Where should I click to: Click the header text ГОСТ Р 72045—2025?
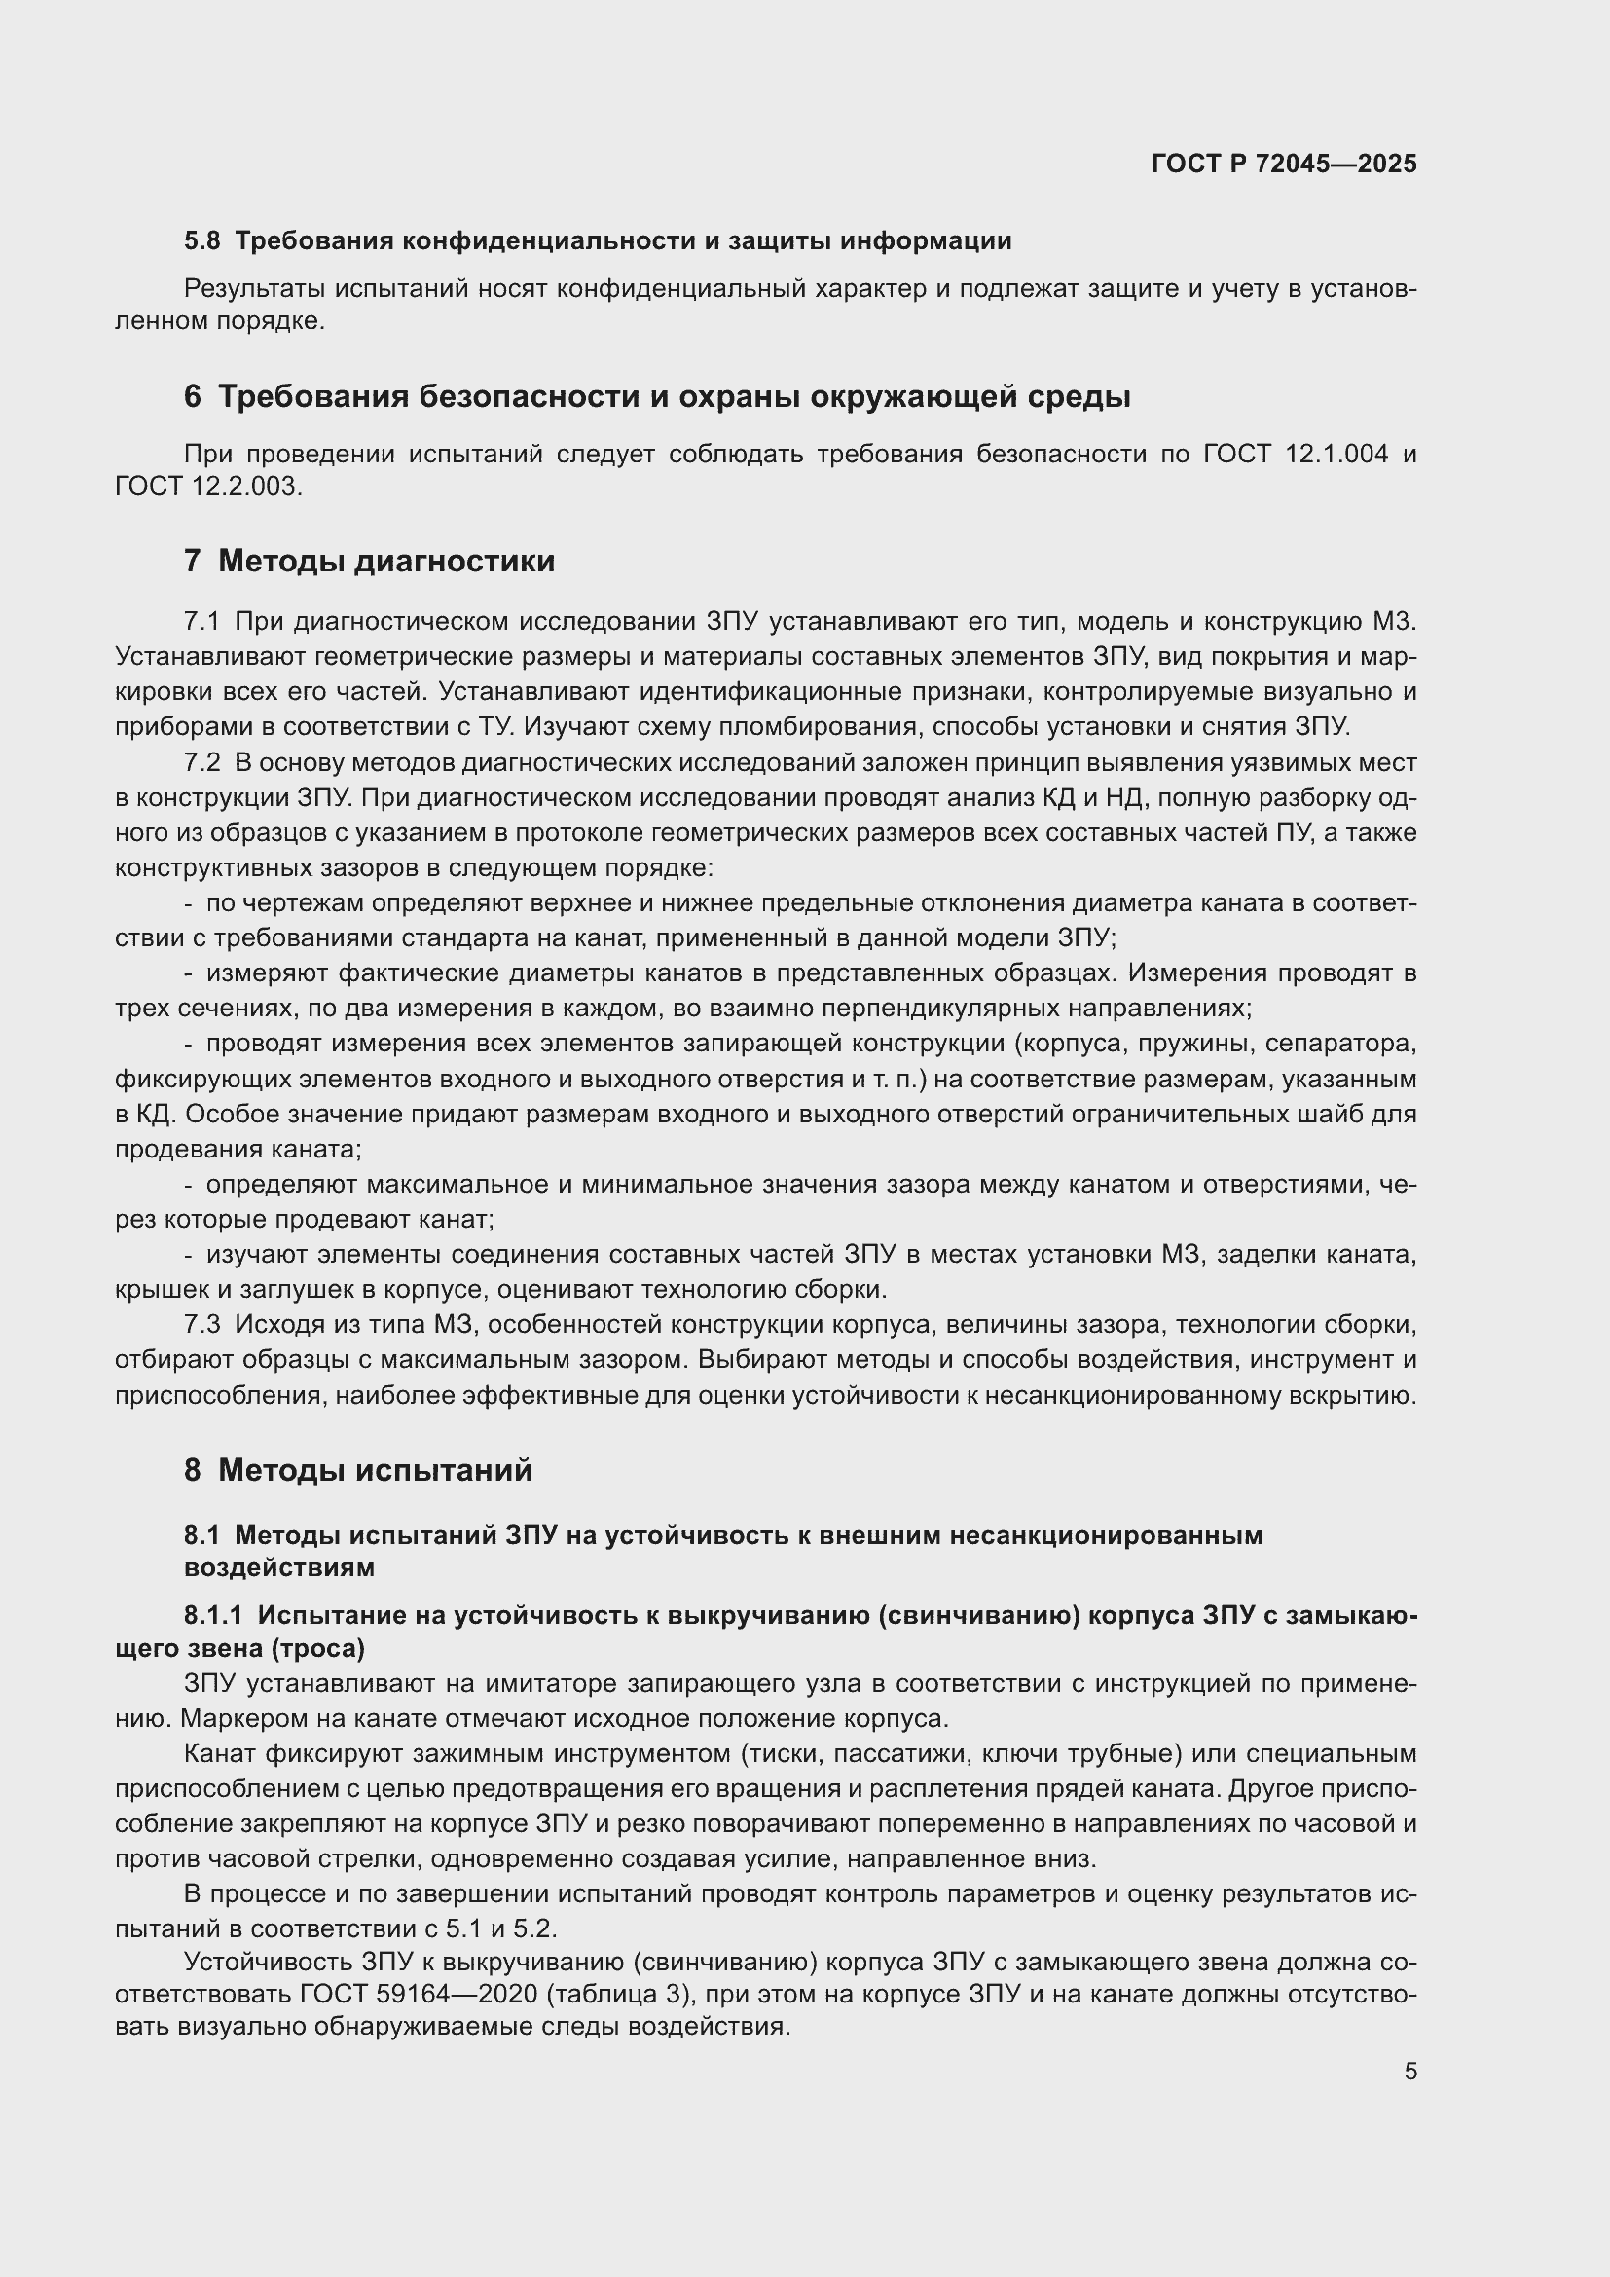[1284, 164]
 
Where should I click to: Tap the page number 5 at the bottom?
[1410, 2071]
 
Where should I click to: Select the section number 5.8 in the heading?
[202, 241]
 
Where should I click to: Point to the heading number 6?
[193, 396]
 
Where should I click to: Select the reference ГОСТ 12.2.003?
[206, 486]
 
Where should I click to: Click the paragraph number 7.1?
[201, 622]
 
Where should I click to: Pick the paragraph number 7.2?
[201, 762]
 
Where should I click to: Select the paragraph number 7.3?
[201, 1324]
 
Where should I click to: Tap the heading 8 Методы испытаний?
[358, 1470]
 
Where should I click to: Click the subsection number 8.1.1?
[213, 1616]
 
